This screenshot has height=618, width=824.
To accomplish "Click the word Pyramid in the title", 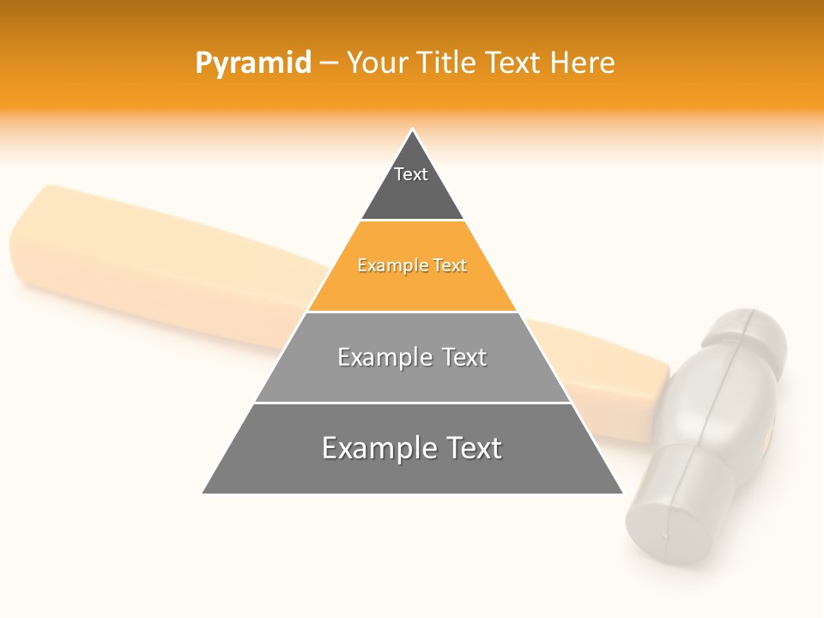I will coord(252,64).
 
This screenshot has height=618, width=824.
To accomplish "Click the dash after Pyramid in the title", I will coord(329,64).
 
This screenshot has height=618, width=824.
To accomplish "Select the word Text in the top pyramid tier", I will coord(411,174).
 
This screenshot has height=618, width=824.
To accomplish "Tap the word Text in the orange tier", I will coord(450,266).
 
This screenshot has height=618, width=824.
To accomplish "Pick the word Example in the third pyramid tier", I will coord(383,357).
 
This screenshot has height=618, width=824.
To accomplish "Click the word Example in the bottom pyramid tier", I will coord(376,448).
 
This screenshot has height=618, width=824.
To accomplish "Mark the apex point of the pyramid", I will coord(412,130).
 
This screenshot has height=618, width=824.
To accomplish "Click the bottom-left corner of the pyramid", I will coord(203,493).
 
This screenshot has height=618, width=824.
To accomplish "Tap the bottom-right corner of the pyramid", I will coord(621,493).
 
